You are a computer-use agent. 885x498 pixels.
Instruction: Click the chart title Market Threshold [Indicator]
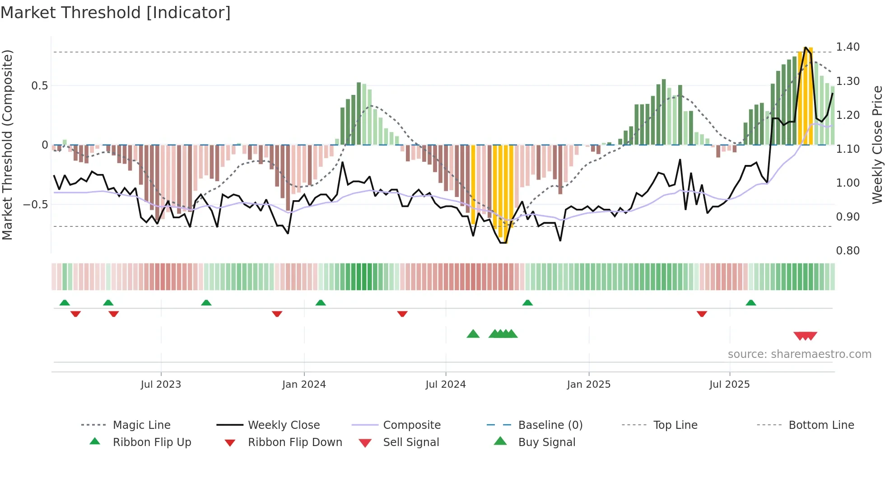click(116, 13)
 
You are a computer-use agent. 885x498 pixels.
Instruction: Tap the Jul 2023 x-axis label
click(161, 385)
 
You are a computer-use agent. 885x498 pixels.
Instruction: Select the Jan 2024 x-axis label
click(304, 385)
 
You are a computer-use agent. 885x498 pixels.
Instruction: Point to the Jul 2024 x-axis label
click(446, 385)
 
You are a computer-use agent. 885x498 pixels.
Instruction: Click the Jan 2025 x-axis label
click(589, 385)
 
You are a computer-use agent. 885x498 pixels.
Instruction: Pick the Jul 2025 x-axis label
click(730, 385)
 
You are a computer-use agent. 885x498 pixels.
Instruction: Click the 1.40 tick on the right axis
click(848, 47)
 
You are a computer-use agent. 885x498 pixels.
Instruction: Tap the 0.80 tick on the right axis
click(848, 251)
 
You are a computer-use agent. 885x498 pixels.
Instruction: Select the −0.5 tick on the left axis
click(36, 205)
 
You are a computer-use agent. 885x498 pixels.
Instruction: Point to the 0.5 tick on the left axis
click(39, 86)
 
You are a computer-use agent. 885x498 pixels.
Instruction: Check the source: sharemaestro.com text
click(799, 354)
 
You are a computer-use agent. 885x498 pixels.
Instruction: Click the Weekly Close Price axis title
click(877, 145)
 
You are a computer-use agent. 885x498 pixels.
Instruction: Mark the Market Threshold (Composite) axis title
click(7, 145)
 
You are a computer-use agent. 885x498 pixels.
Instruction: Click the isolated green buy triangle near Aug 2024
click(473, 334)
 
